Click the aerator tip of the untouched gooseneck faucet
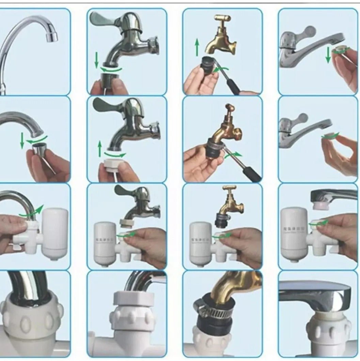click(51, 35)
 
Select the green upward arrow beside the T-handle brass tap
click(197, 47)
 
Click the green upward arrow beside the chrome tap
click(100, 149)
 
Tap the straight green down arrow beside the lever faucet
click(328, 55)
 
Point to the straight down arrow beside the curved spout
click(22, 140)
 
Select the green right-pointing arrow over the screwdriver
click(233, 155)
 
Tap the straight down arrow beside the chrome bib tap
click(96, 60)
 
